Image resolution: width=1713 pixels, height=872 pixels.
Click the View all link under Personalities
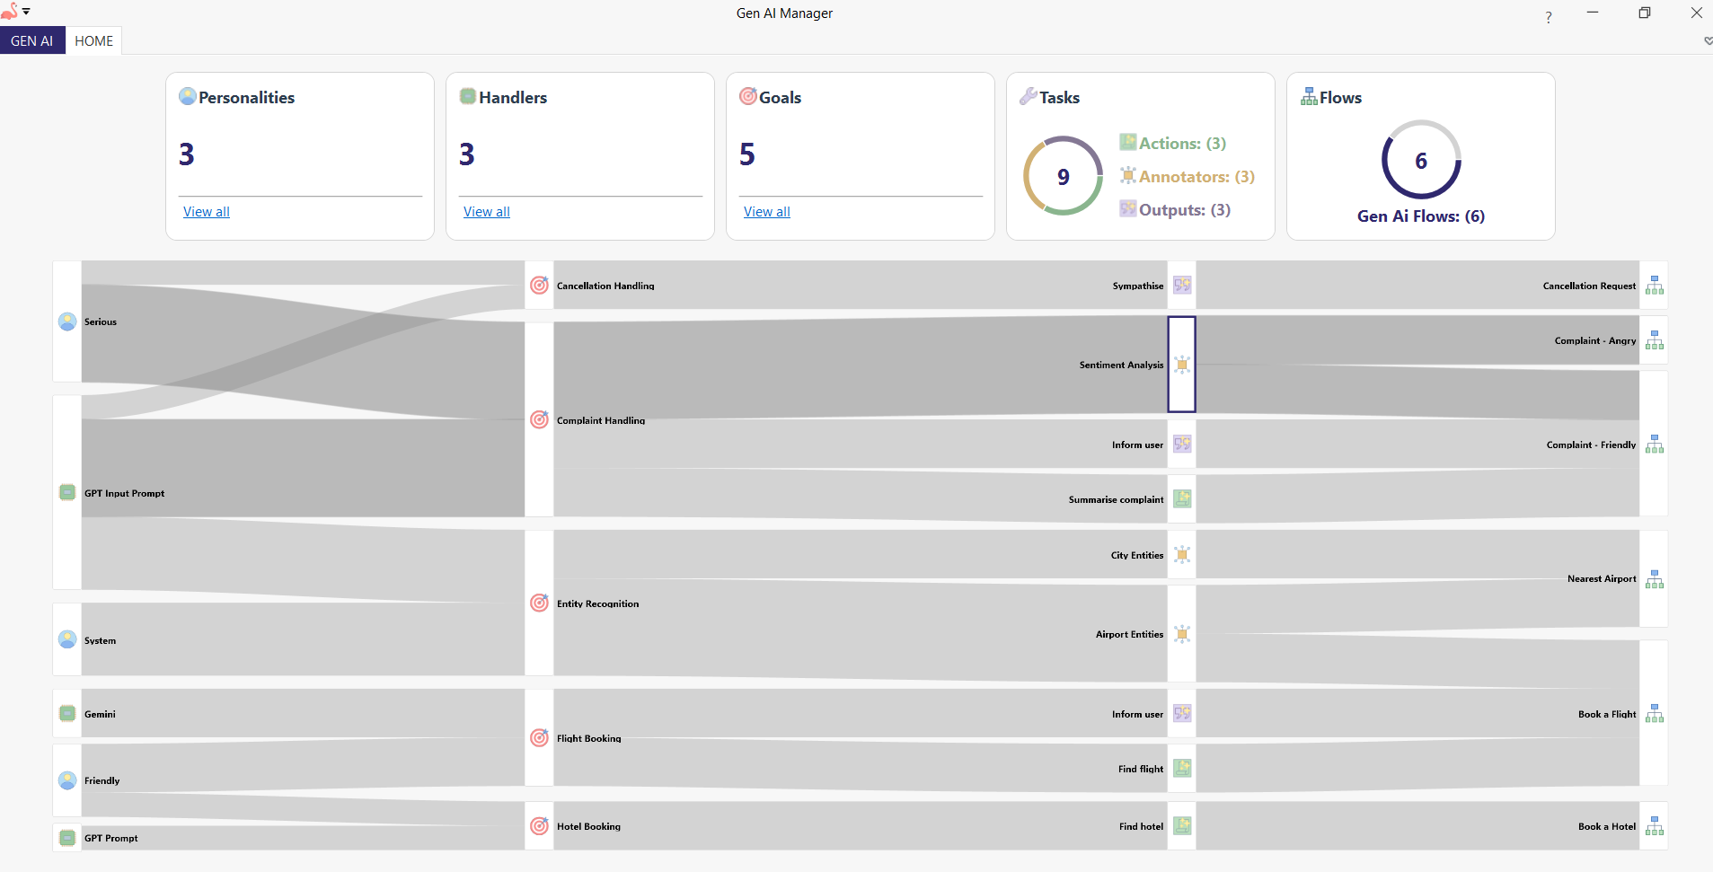pos(207,212)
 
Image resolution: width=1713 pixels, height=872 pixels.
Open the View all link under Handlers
pos(487,212)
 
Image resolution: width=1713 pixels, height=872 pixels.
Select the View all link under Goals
pos(767,212)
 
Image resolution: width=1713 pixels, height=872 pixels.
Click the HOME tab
pos(93,41)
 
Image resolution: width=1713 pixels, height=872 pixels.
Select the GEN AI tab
pos(32,41)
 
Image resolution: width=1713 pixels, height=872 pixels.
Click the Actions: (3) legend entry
pos(1181,144)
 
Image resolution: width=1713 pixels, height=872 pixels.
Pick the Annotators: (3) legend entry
pos(1196,177)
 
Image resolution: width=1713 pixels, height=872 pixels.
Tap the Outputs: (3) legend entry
pos(1184,210)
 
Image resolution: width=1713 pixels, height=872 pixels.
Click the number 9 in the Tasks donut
pos(1064,177)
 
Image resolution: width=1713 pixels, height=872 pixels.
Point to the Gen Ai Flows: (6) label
pos(1420,216)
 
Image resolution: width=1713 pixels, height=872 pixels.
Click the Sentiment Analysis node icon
pos(1182,365)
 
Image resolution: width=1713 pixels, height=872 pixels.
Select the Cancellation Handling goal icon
pos(539,286)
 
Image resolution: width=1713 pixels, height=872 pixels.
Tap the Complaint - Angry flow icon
pos(1655,340)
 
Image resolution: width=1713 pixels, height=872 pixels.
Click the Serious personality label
pos(101,321)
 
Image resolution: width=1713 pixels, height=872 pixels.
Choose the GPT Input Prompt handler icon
pos(67,492)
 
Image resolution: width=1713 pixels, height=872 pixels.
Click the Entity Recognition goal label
pos(597,603)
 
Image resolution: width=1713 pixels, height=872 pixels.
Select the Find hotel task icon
pos(1182,826)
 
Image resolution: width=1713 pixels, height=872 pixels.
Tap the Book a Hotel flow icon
pos(1655,826)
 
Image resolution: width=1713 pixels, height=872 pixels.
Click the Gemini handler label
pos(100,714)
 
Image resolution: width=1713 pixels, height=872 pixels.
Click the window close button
pos(1696,13)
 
